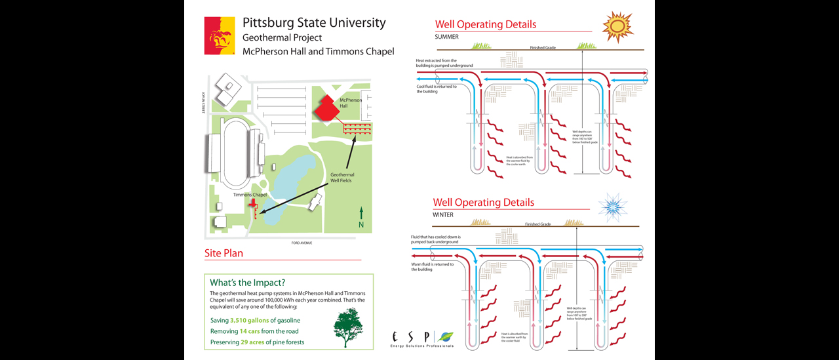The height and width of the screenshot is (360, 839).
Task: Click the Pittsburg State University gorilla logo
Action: click(220, 35)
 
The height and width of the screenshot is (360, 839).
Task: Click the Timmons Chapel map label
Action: click(250, 195)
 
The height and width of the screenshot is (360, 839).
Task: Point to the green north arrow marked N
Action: click(361, 216)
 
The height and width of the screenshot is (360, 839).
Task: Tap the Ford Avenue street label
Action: click(302, 243)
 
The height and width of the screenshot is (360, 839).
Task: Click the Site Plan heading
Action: click(224, 253)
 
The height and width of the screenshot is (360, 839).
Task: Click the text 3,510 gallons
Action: click(249, 321)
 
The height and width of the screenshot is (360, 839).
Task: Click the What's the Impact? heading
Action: click(247, 283)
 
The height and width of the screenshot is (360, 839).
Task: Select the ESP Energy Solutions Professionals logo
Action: click(421, 339)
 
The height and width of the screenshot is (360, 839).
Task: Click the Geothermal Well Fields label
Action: click(341, 178)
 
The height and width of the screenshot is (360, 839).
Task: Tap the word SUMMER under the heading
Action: click(446, 37)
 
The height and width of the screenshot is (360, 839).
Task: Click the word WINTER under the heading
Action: click(443, 215)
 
